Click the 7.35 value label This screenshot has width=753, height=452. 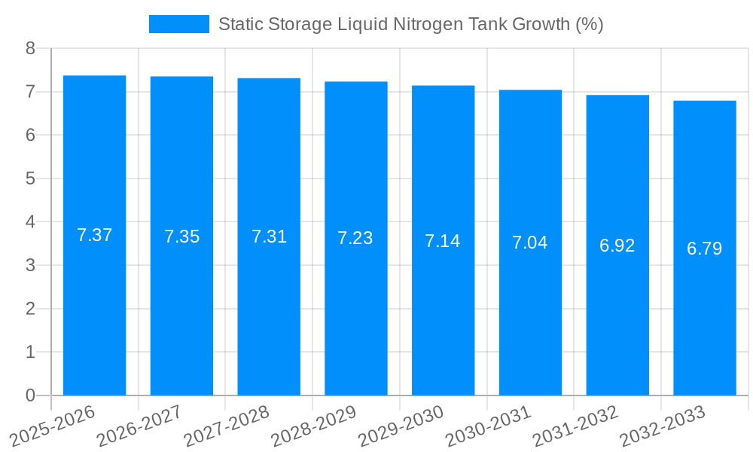click(181, 237)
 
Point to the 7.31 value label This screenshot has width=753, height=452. click(269, 237)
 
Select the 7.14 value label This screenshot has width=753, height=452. click(443, 241)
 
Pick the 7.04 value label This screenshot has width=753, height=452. click(530, 243)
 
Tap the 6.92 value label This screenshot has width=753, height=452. click(617, 246)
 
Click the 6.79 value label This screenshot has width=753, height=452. click(705, 249)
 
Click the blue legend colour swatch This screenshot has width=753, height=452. click(179, 24)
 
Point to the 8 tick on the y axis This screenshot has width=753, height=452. click(30, 48)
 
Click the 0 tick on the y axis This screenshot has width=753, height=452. click(30, 395)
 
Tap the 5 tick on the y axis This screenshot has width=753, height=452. click(30, 179)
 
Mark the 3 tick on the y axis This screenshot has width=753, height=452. click(30, 265)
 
